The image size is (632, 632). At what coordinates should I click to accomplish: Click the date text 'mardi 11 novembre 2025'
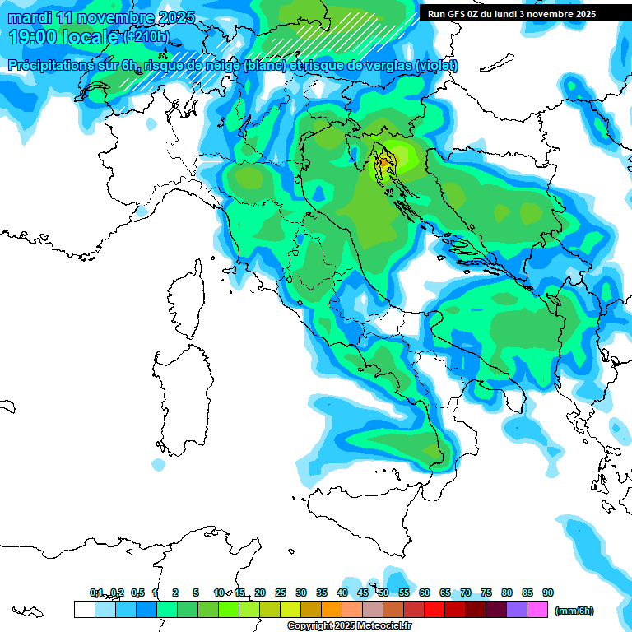pos(101,17)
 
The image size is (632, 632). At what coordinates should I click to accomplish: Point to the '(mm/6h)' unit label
pos(574,611)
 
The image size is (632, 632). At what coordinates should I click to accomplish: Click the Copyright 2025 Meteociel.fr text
pos(349,626)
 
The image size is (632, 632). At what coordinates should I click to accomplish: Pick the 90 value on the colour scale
pos(547,593)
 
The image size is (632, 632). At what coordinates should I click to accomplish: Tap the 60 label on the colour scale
pos(425,593)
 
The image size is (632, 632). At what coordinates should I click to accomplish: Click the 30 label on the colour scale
pos(301,593)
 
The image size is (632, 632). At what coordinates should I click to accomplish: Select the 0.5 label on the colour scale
pos(137,593)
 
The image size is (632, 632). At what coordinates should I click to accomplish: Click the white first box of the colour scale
pos(84,610)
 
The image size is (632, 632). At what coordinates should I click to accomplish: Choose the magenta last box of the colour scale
pos(537,610)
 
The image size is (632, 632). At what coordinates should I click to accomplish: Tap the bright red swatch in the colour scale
pos(434,610)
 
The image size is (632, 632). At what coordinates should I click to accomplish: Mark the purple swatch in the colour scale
pos(517,610)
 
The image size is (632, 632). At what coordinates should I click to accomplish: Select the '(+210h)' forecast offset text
pos(146,37)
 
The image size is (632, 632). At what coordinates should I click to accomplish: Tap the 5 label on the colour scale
pos(196,593)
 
